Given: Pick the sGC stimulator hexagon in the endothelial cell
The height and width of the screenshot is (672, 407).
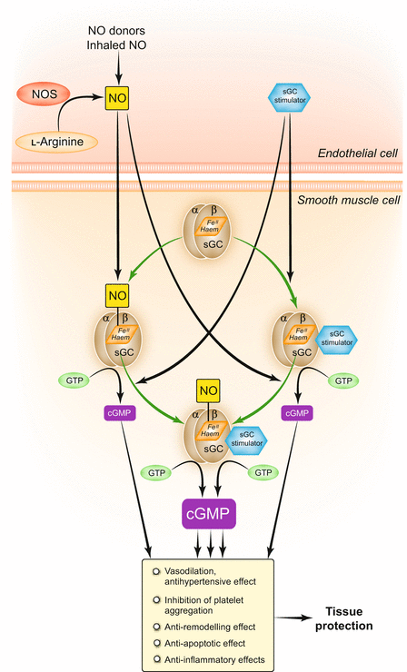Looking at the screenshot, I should (x=289, y=94).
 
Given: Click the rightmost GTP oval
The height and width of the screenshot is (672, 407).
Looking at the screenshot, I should (x=343, y=379).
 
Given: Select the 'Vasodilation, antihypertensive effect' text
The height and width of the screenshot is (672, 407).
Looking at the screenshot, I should (x=208, y=577).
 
